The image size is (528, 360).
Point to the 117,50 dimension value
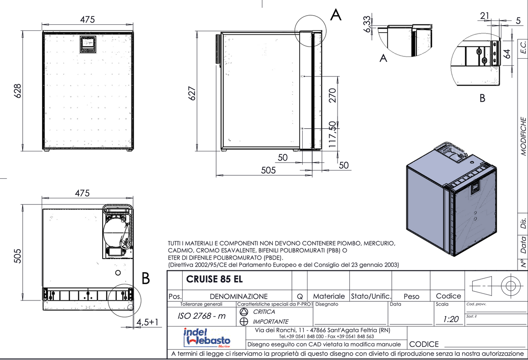pos(333,135)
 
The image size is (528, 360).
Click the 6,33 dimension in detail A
pos(368,24)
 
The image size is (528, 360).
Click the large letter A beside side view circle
pos(336,15)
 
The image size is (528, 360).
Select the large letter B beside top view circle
pos(146,278)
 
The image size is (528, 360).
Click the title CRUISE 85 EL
pos(214,279)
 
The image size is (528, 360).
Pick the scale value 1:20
pos(451,319)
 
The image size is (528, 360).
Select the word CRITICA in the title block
pos(264,312)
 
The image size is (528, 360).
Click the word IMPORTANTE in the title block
pos(271,322)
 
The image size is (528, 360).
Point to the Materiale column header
pos(329,296)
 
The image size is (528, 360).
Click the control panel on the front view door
pos(89,44)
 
